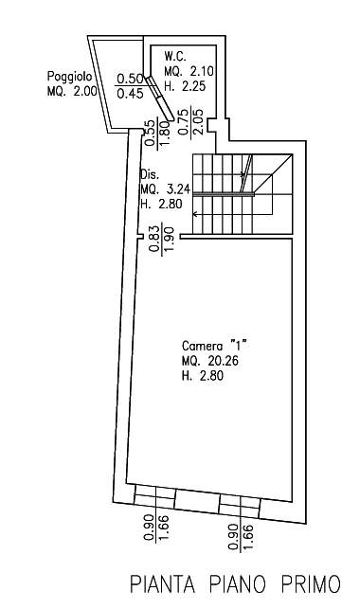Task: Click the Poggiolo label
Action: [70, 77]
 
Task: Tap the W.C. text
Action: [175, 56]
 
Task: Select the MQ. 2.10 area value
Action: [189, 71]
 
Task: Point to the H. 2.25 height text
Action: [185, 86]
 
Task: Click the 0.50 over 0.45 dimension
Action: [131, 85]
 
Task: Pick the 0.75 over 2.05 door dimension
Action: [191, 121]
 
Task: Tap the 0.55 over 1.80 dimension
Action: [157, 133]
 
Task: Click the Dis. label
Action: [150, 174]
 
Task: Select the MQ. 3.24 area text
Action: [166, 189]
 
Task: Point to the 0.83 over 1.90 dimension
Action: [164, 238]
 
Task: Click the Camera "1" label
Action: [215, 346]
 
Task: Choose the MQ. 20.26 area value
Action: [210, 361]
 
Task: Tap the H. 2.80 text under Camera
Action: [203, 376]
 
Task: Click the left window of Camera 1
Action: [155, 496]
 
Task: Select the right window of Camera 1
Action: [240, 506]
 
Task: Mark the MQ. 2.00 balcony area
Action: [72, 92]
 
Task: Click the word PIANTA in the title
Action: [162, 583]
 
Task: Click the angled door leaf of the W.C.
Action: [159, 98]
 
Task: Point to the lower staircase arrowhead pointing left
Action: [195, 214]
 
